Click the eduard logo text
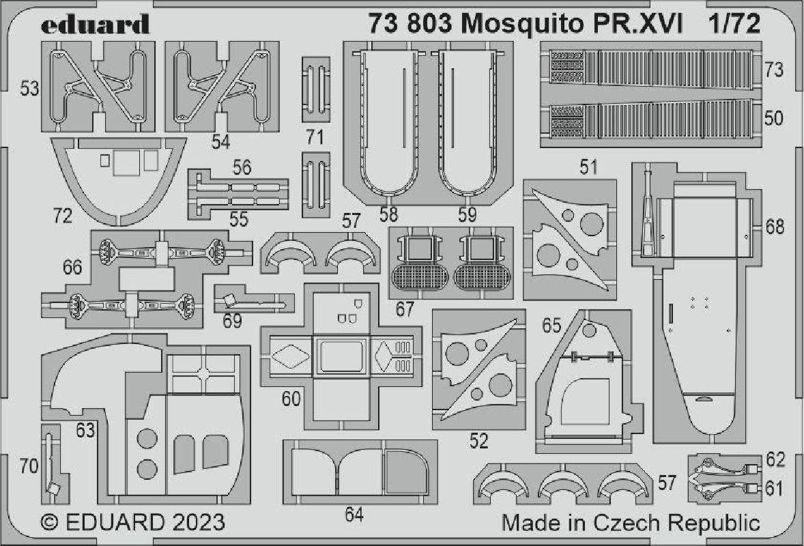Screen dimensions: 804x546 click(95, 24)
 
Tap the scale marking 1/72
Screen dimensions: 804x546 click(735, 24)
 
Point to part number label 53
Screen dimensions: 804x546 click(30, 89)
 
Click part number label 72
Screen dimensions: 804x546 click(63, 216)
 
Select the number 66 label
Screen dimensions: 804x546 click(72, 267)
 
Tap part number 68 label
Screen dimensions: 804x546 click(775, 226)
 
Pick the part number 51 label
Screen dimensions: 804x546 click(588, 167)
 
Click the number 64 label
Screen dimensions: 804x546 click(354, 514)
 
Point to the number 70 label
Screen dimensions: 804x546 click(29, 466)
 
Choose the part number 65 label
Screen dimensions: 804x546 click(551, 325)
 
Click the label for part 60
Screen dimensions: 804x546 click(291, 399)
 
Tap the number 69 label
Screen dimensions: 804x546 click(232, 321)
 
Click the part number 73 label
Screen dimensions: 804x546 click(774, 70)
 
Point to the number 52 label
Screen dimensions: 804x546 click(479, 441)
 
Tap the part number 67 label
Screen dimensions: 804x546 click(405, 309)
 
